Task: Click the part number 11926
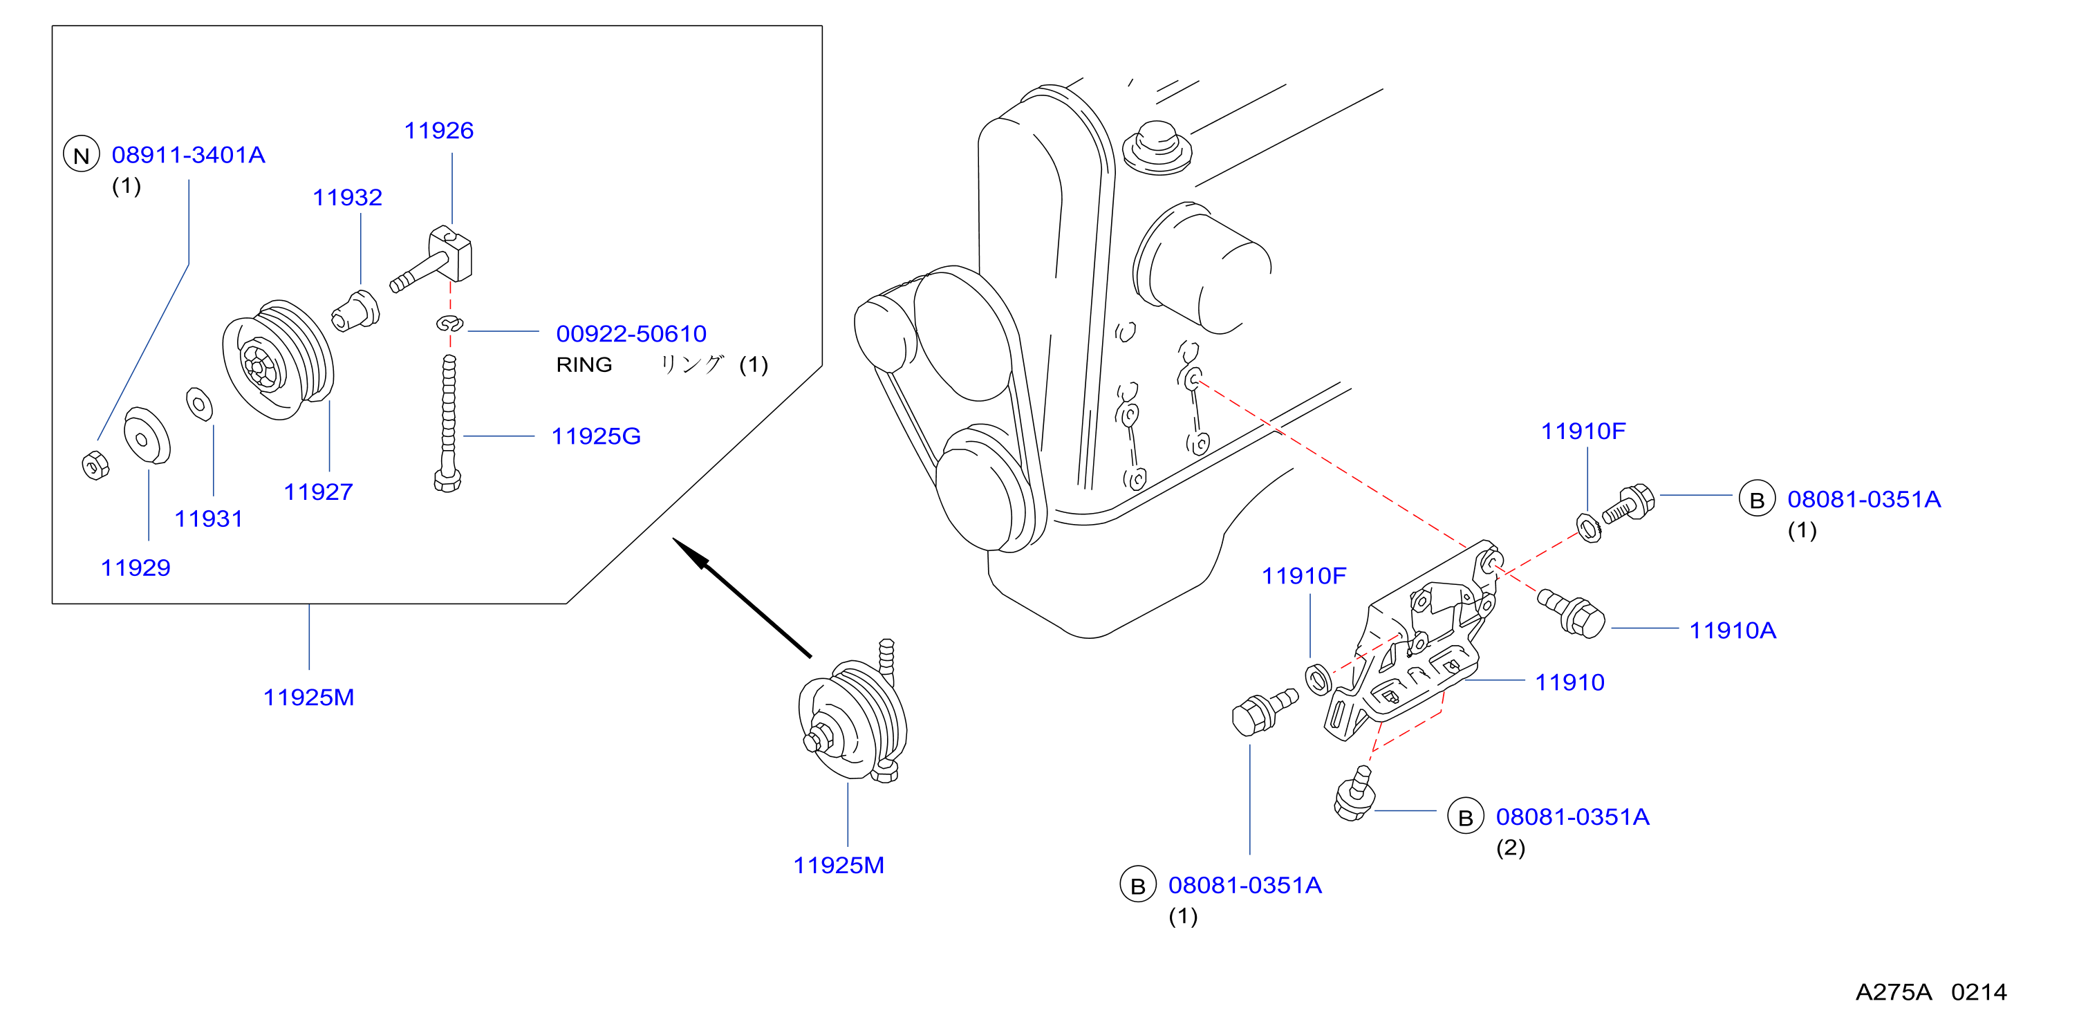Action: coord(438,131)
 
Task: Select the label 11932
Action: coord(347,197)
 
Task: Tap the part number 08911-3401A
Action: coord(188,155)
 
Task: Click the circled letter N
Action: coord(81,155)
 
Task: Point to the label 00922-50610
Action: coord(631,333)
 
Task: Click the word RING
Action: coord(584,364)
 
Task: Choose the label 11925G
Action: coord(596,436)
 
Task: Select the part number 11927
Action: coord(318,492)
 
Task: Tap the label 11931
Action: coord(208,519)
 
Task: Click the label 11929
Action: coord(136,568)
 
